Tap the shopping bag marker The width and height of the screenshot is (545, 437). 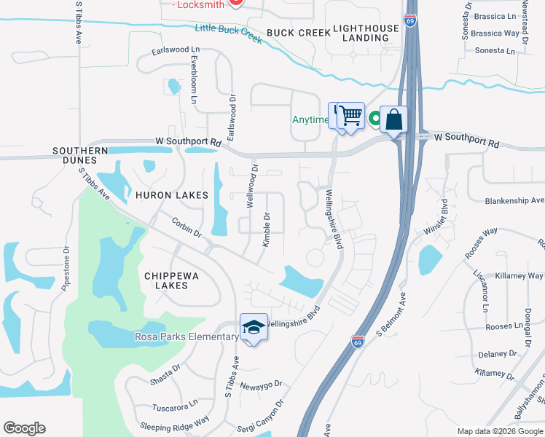coord(393,120)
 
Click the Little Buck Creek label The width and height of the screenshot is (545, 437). coord(228,33)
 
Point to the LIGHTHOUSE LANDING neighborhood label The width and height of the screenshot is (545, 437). coord(366,33)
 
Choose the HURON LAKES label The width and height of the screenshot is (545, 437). coord(171,195)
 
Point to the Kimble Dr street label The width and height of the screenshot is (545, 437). coord(266,229)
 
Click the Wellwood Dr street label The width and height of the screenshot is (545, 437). coord(252,186)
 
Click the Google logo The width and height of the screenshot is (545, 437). coord(24,428)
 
